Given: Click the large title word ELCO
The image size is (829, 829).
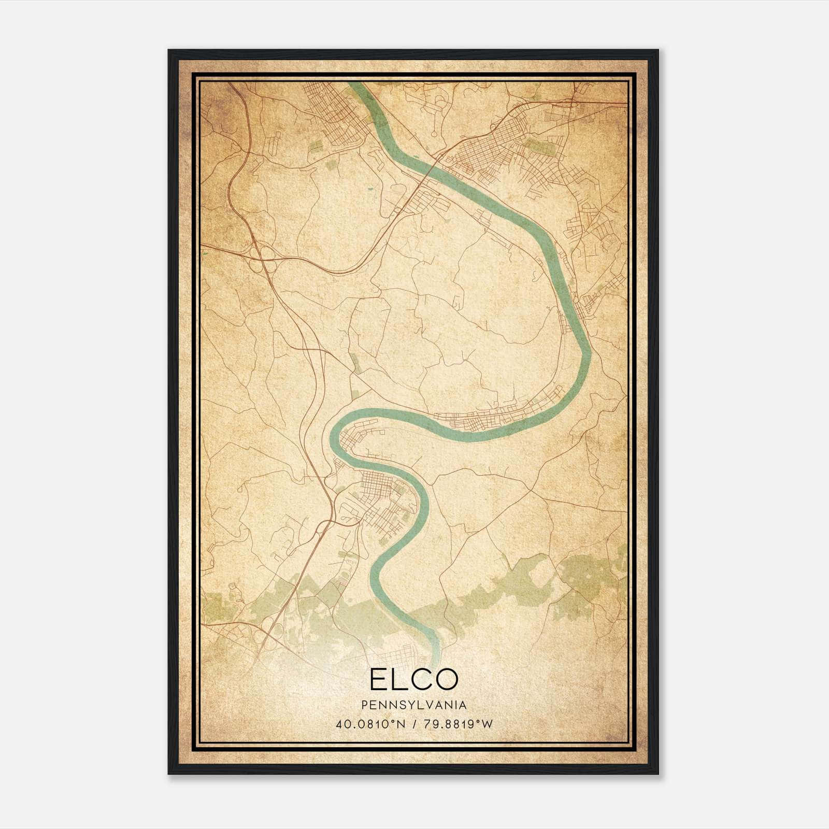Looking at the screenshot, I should pyautogui.click(x=414, y=679).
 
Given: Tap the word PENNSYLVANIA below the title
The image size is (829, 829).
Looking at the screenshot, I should pyautogui.click(x=414, y=705).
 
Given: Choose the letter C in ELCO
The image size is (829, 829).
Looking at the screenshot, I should pyautogui.click(x=422, y=679).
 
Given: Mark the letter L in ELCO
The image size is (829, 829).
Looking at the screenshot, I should pyautogui.click(x=399, y=679).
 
